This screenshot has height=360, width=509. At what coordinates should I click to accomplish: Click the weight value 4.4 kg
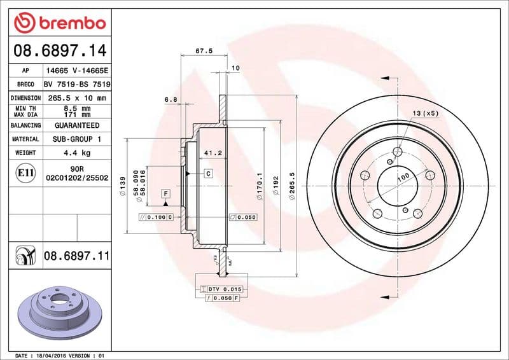(x=76, y=153)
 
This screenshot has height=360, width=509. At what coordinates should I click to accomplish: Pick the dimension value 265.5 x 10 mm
(x=76, y=98)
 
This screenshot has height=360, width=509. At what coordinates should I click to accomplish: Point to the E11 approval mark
(x=26, y=172)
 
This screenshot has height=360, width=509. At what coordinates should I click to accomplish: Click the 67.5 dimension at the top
(x=204, y=50)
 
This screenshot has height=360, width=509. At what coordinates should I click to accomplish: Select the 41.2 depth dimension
(x=212, y=153)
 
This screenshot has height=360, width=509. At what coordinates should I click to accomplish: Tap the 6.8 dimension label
(x=170, y=99)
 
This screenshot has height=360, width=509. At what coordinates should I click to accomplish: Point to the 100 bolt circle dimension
(x=403, y=181)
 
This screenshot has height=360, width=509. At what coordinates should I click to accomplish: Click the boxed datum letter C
(x=208, y=173)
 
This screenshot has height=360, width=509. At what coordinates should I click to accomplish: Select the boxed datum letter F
(x=165, y=193)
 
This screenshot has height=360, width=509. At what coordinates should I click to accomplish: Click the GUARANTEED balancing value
(x=76, y=125)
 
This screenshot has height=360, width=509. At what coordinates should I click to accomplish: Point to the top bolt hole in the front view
(x=398, y=151)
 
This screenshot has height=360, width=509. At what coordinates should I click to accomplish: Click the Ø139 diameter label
(x=122, y=189)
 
